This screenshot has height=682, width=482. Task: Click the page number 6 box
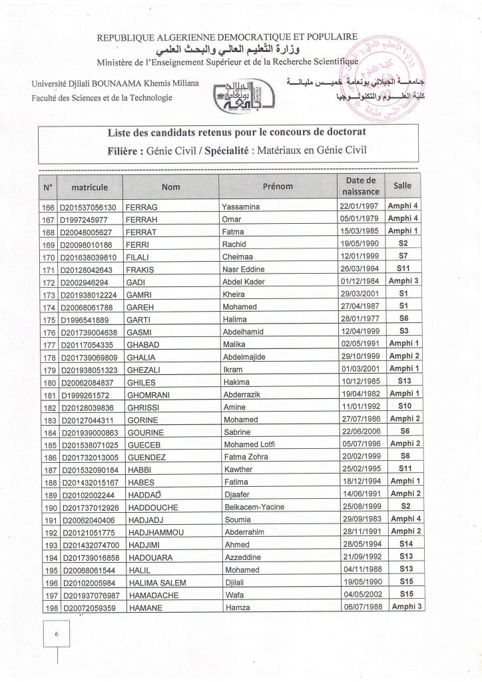[57, 635]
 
